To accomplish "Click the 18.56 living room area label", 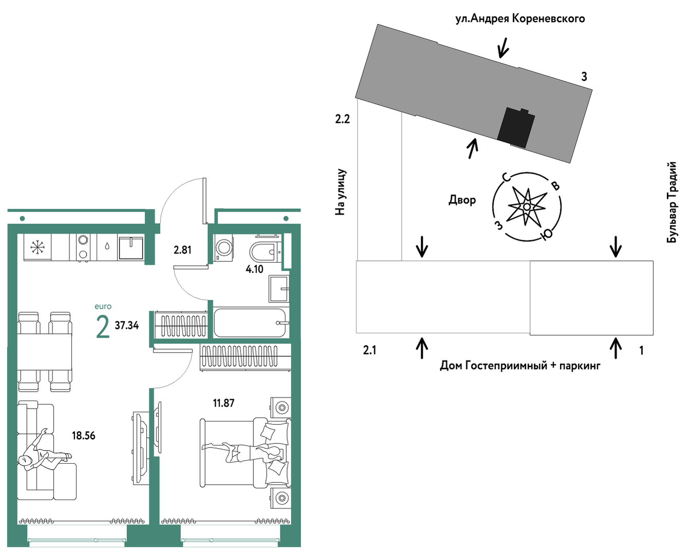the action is (83, 435).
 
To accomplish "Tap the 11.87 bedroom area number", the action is (224, 403).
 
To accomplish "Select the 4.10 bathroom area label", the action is (254, 269).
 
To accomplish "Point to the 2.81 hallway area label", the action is (182, 250).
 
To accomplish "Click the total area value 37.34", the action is (127, 326).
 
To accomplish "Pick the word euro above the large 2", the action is (103, 306).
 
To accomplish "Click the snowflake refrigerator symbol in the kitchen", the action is (38, 247).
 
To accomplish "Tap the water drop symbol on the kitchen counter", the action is (107, 246).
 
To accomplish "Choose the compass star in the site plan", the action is (527, 206).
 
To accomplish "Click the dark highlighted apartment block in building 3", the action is (516, 128).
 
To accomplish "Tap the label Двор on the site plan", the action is (462, 200).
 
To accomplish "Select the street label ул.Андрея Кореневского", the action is (520, 18).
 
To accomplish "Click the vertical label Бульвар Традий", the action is (672, 202).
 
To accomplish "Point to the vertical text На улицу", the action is (340, 192).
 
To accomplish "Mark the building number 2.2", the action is (342, 120).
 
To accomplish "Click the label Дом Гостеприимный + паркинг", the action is (520, 366).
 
